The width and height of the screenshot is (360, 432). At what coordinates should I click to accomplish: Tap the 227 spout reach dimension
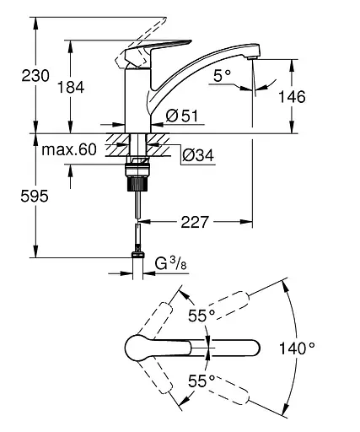[x=196, y=223]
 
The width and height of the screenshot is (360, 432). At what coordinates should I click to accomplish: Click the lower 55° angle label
[x=199, y=379]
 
